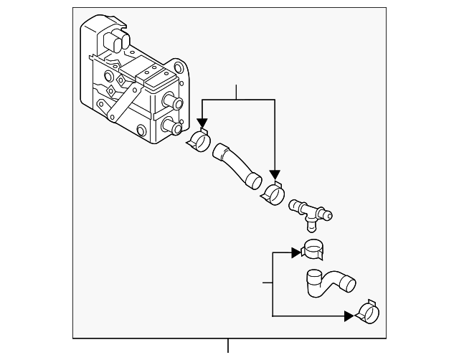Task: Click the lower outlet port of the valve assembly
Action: [172, 128]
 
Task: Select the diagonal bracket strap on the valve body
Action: [121, 101]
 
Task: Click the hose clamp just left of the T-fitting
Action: [273, 193]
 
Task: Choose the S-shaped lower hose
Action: [326, 282]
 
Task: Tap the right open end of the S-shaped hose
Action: [350, 285]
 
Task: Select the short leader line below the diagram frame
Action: [228, 346]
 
